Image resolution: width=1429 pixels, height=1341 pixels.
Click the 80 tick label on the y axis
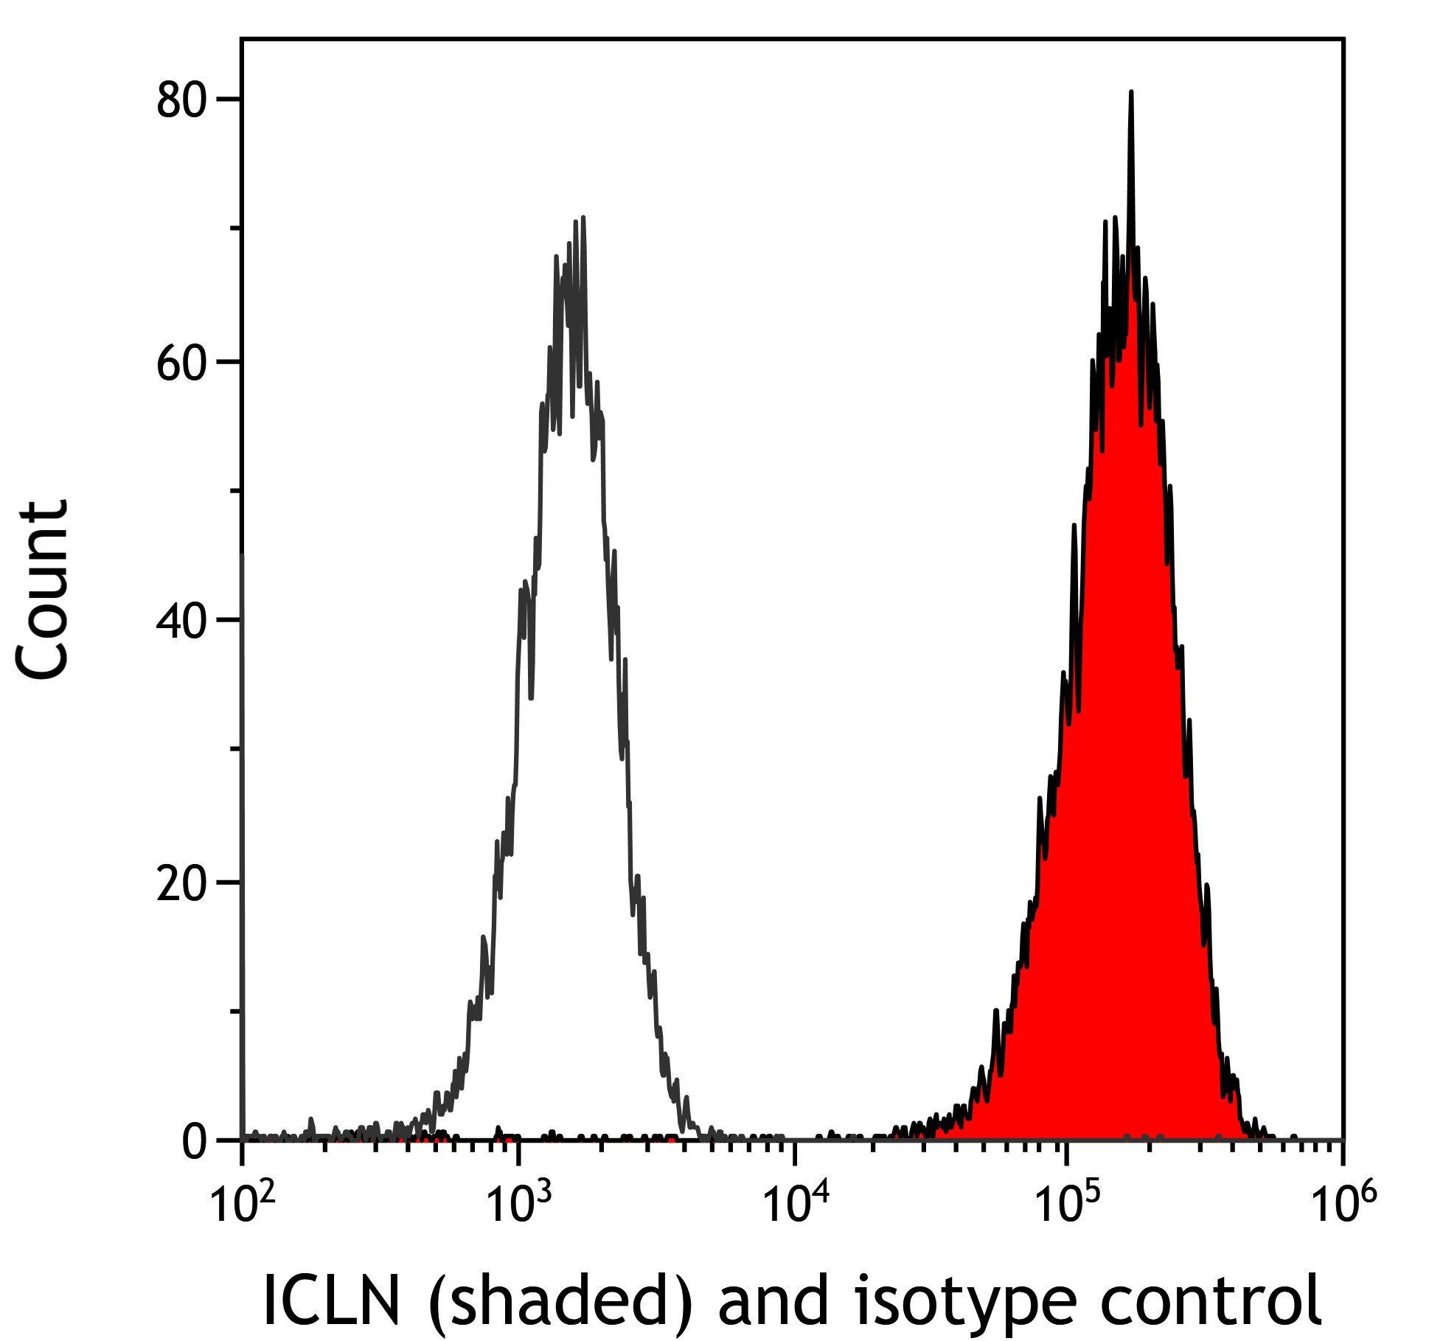click(x=181, y=101)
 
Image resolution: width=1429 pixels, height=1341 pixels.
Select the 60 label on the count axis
click(x=181, y=363)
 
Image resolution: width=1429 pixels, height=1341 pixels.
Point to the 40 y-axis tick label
click(x=181, y=621)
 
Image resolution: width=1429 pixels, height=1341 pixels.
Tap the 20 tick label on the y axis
click(x=181, y=883)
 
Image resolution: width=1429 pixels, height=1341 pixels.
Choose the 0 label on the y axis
click(x=195, y=1142)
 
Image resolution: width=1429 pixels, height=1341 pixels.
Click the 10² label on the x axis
click(x=243, y=1204)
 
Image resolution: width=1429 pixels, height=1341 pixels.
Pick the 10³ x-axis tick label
click(x=518, y=1204)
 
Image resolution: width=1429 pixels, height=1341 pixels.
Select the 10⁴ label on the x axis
click(x=794, y=1204)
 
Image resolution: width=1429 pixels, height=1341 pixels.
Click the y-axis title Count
click(x=43, y=590)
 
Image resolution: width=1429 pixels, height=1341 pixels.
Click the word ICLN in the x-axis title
click(x=331, y=1300)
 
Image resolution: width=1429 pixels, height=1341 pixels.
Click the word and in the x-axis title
click(x=774, y=1300)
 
